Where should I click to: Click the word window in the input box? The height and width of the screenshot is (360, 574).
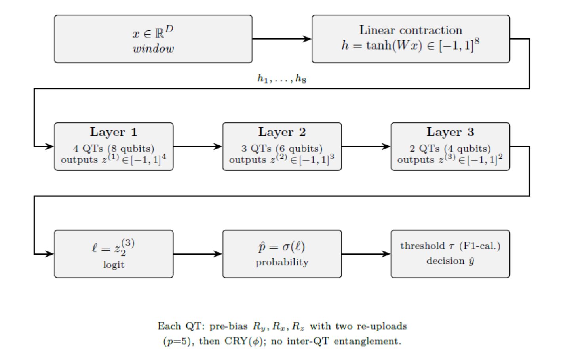tap(153, 49)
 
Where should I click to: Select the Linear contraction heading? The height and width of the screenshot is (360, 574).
tap(411, 30)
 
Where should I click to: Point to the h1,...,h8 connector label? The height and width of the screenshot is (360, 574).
tap(281, 79)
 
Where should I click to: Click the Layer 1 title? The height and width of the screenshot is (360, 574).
tap(114, 132)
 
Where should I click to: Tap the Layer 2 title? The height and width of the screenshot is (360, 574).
tap(282, 132)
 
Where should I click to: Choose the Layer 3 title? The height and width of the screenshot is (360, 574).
tap(450, 132)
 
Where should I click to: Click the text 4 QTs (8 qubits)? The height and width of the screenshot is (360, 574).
tap(114, 149)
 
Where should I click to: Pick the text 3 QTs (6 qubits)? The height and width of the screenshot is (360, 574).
tap(282, 149)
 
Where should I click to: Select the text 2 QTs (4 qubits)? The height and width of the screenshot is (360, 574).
tap(450, 149)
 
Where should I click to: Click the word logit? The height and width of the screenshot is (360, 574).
tap(114, 265)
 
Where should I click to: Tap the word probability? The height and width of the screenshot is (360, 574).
tap(282, 262)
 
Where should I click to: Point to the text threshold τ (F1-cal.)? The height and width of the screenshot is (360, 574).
tap(450, 246)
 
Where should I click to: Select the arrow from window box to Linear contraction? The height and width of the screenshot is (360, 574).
tap(281, 39)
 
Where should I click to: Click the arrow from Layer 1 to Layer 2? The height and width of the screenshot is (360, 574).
tap(198, 147)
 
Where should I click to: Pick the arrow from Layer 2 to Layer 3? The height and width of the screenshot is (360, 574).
tap(366, 147)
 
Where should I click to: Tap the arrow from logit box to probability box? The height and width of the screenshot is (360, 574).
tap(198, 254)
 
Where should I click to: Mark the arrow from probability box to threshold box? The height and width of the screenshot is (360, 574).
tap(366, 254)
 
